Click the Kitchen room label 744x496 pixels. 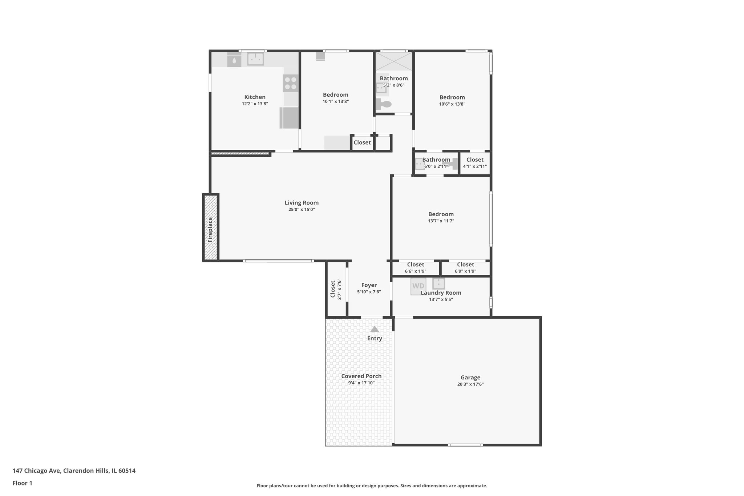255,97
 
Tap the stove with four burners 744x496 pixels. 291,83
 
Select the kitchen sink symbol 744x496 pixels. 255,59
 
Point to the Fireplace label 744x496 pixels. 210,230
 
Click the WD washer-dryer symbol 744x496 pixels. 418,286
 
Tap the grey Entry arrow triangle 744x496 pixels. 375,329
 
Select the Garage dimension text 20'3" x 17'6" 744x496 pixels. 470,384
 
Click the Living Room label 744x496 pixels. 302,203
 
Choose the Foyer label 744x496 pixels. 369,285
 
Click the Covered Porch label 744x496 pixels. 361,376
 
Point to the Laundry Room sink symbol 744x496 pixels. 438,283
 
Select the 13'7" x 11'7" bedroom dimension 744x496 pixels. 441,221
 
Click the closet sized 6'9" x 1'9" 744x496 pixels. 465,268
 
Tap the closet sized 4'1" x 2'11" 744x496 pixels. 475,163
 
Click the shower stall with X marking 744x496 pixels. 394,61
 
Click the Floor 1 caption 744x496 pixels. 22,483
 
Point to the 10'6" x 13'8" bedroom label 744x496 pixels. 452,97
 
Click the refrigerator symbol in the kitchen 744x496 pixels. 289,118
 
